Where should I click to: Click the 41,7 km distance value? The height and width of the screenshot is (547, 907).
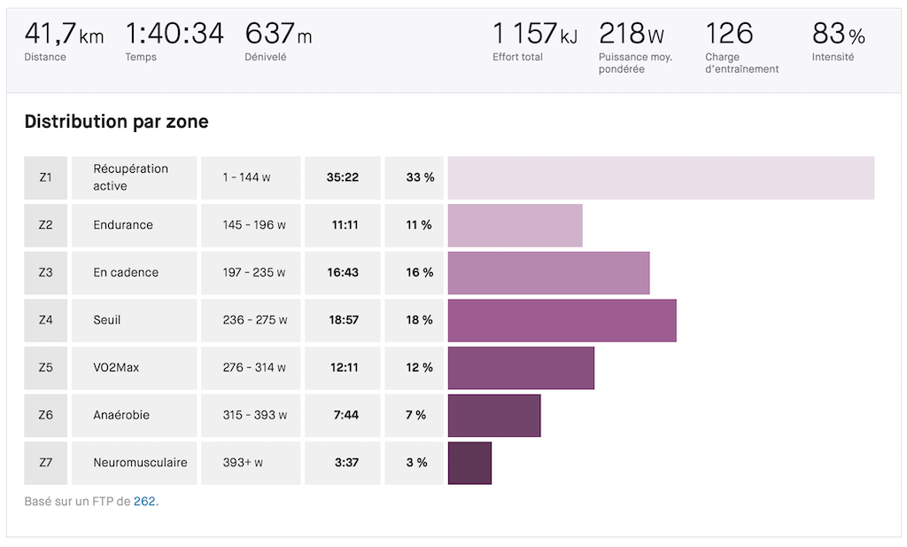[64, 35]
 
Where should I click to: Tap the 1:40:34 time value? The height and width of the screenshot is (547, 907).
[174, 35]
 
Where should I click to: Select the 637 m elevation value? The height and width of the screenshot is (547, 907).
[278, 35]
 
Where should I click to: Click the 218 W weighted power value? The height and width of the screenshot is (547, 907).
[632, 35]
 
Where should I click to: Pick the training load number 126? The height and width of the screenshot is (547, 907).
[729, 35]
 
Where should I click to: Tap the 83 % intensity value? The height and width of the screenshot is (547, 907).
[838, 35]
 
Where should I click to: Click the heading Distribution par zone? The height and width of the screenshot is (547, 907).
[116, 121]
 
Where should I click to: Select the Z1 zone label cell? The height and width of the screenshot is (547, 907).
[46, 177]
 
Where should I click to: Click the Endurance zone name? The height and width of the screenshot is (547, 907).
[123, 225]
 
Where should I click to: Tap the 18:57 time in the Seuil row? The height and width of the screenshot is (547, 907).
[342, 320]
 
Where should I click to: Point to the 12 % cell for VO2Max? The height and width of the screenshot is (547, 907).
[419, 368]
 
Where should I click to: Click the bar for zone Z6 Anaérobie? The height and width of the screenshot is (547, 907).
[494, 415]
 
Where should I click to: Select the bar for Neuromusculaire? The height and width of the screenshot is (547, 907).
[469, 463]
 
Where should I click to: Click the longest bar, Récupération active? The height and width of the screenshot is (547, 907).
[661, 177]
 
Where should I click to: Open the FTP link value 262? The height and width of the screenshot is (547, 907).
[144, 502]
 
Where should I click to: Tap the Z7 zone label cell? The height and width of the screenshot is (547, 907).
[46, 463]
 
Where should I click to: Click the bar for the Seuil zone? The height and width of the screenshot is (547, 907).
[562, 320]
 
